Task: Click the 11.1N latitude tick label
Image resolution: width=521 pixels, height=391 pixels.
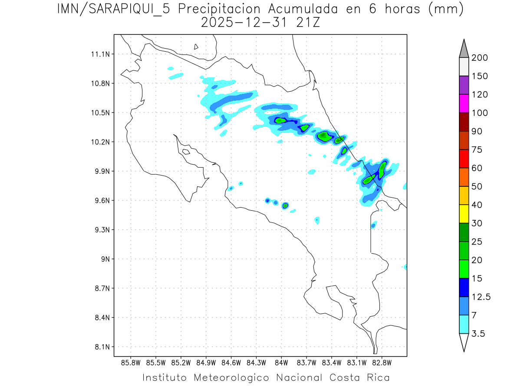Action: click(x=99, y=54)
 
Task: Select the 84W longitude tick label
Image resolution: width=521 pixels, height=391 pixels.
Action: click(x=281, y=363)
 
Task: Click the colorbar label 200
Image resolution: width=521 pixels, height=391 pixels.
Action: click(x=479, y=58)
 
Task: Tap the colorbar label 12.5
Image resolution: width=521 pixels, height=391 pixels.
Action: click(x=481, y=297)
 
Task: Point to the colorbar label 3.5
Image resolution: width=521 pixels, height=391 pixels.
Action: click(x=478, y=334)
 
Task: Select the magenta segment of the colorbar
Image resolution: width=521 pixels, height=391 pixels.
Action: click(x=464, y=103)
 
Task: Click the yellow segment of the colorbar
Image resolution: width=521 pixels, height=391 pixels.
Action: click(x=464, y=214)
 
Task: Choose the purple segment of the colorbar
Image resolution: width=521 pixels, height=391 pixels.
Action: click(x=464, y=85)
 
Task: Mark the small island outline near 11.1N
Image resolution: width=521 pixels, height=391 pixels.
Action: click(x=196, y=46)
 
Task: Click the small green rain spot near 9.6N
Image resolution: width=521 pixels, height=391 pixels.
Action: click(x=285, y=205)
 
